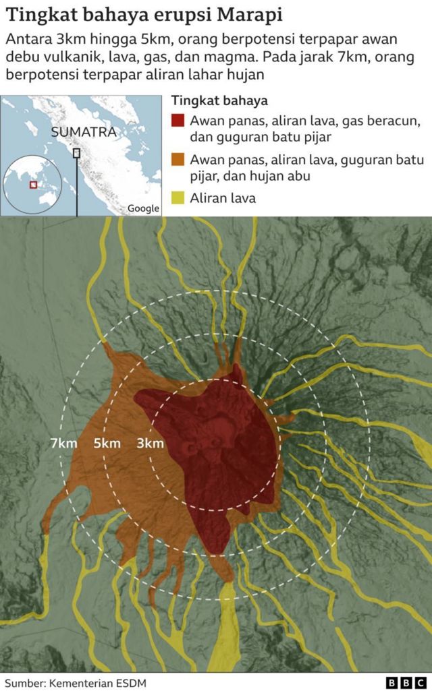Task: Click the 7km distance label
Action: pyautogui.click(x=63, y=444)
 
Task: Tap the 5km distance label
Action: pyautogui.click(x=107, y=444)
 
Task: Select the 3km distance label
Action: pyautogui.click(x=150, y=444)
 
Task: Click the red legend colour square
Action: pyautogui.click(x=178, y=121)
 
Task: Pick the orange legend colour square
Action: pyautogui.click(x=178, y=160)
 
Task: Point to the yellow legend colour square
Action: pyautogui.click(x=178, y=198)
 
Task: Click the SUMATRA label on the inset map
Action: pyautogui.click(x=84, y=133)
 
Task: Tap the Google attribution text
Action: pyautogui.click(x=144, y=209)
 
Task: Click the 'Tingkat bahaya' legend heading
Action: pyautogui.click(x=219, y=101)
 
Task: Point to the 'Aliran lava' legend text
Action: pyautogui.click(x=223, y=198)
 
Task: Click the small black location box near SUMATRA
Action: pyautogui.click(x=76, y=153)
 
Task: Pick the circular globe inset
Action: pyautogui.click(x=32, y=184)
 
